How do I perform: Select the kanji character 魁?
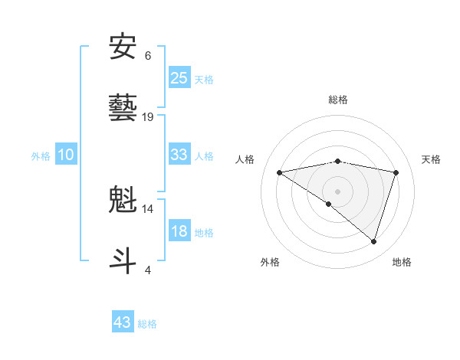click(x=123, y=200)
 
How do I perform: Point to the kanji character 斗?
click(x=123, y=260)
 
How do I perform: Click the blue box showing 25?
click(x=179, y=78)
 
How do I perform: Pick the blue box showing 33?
click(x=179, y=155)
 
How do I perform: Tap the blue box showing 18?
click(x=179, y=231)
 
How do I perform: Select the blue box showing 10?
click(x=66, y=155)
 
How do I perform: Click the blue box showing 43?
click(x=123, y=322)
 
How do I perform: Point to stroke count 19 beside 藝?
click(x=148, y=117)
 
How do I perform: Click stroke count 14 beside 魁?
click(x=148, y=208)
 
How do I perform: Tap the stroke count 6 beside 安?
click(x=148, y=56)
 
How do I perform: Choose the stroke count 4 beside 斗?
click(x=148, y=270)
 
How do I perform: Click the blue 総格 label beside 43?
click(x=147, y=324)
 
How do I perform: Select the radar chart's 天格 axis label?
click(x=431, y=159)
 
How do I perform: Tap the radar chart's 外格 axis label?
click(x=270, y=262)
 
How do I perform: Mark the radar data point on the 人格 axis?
click(x=280, y=172)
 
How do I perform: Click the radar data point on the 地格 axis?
click(x=373, y=241)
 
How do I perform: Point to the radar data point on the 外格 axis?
click(x=329, y=204)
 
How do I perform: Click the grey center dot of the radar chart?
click(x=337, y=191)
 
